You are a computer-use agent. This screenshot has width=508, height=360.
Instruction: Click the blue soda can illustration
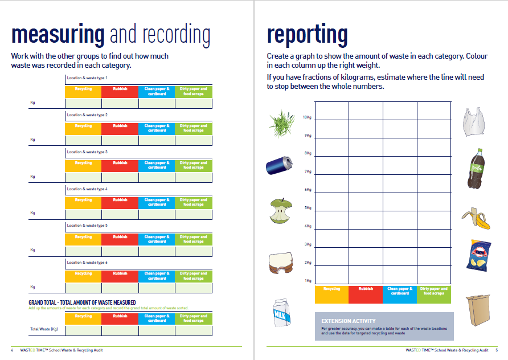point(278,166)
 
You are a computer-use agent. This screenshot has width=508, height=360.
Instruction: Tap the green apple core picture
point(279,211)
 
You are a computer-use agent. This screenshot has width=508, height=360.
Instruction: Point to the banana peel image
point(476,218)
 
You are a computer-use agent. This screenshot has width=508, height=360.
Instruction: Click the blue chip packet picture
point(478,255)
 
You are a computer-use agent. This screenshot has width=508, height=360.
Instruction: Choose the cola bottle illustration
point(476,169)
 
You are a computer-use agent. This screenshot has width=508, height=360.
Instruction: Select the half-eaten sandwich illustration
point(280,261)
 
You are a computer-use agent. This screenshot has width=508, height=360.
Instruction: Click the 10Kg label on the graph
point(307,117)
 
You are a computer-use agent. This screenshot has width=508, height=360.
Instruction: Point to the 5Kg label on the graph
point(308,208)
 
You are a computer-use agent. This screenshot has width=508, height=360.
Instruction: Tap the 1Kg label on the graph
point(308,281)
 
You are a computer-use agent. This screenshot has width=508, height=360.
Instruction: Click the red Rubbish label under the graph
point(366,289)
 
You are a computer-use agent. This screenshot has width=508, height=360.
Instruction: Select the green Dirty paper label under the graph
point(434,291)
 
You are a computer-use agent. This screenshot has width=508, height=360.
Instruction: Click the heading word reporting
point(307,35)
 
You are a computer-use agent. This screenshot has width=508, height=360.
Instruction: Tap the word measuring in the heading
point(58,35)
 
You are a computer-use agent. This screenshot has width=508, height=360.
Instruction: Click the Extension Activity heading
point(349,321)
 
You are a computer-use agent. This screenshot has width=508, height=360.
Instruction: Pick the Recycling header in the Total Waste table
point(83,316)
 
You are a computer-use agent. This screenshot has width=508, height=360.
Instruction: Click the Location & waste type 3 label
point(87,152)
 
